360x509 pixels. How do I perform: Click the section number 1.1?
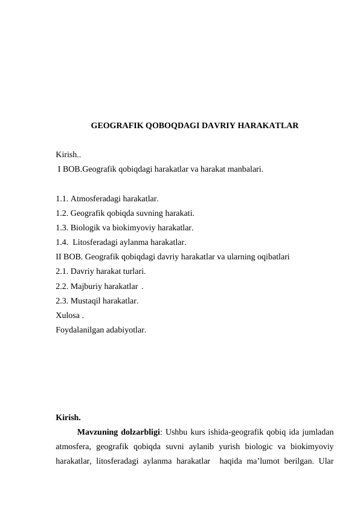[62, 198]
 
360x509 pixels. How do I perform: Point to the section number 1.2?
[62, 213]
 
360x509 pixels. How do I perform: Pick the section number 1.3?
[62, 228]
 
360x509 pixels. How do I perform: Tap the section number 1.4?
[62, 242]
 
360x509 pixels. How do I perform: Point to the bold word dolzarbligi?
[140, 432]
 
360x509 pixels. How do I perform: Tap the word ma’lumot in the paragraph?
[261, 464]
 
